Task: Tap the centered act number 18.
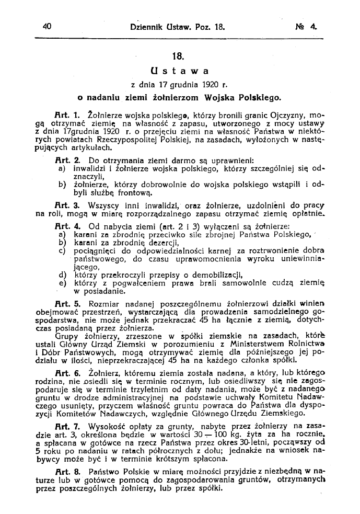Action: click(x=179, y=54)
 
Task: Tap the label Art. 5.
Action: click(x=66, y=303)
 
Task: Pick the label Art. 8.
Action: click(x=66, y=472)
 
